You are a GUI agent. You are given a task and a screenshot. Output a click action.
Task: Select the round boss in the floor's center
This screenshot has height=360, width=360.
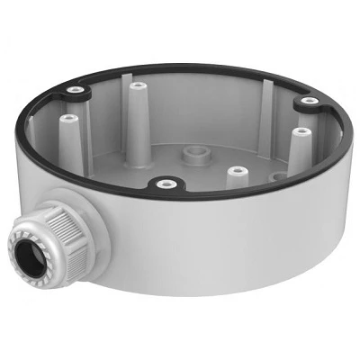191,155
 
